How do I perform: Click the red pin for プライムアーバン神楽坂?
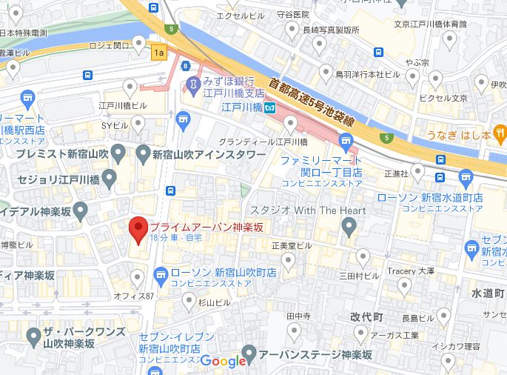[x=138, y=229]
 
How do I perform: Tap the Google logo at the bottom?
[x=223, y=361]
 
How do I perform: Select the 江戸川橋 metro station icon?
[x=271, y=107]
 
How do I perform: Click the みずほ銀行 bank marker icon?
[x=192, y=85]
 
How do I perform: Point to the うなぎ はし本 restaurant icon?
[x=500, y=134]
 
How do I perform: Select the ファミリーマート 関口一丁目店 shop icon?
[x=346, y=141]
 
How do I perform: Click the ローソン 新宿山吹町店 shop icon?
[x=160, y=273]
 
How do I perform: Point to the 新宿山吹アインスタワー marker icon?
[x=144, y=154]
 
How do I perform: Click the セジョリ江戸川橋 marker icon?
[x=110, y=178]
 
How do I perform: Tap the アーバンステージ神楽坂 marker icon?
[x=249, y=353]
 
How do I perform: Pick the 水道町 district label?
[x=488, y=293]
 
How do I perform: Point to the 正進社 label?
[x=397, y=173]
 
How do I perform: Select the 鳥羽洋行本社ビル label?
[x=367, y=75]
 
